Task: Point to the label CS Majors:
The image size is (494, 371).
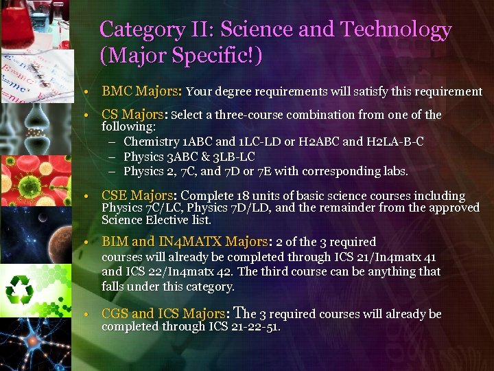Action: [137, 115]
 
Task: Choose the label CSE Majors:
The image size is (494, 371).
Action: [139, 196]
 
